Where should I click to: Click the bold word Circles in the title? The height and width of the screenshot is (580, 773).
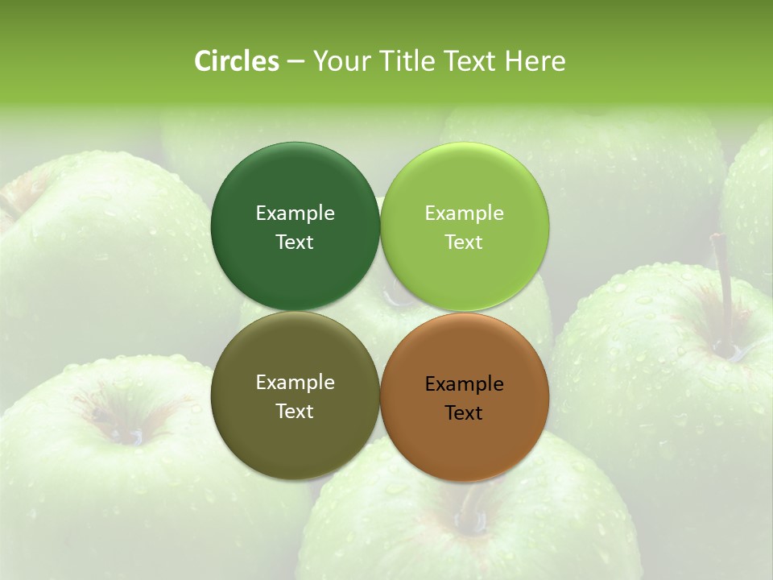point(237,61)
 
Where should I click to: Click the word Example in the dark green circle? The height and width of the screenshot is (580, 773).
point(295,213)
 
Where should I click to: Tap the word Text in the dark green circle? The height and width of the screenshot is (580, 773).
point(295,242)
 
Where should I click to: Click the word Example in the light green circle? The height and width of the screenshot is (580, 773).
point(465,213)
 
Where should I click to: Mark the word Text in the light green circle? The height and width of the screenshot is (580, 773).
point(465,242)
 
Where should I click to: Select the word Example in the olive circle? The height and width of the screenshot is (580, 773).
point(295,383)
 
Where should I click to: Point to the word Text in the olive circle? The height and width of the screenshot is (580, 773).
point(295,412)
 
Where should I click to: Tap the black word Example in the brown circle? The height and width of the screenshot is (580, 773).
point(465,384)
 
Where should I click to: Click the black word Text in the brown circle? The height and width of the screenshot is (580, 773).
point(465,413)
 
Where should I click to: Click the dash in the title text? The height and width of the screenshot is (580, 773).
point(295,62)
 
